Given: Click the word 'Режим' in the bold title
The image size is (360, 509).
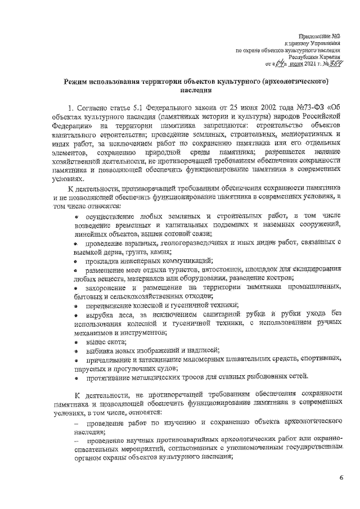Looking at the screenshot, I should click(79, 83).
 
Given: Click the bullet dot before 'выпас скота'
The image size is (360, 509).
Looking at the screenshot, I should click(76, 341).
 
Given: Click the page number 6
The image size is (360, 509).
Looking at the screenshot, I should click(341, 478).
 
